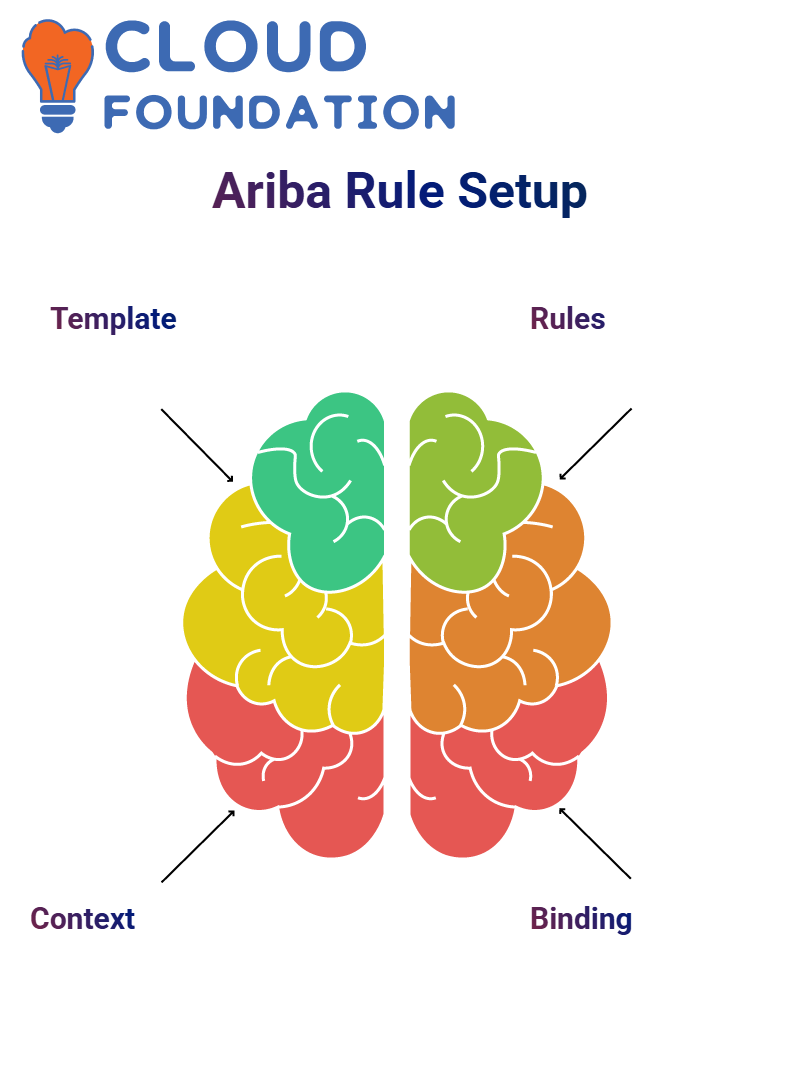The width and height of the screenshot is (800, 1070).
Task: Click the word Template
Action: [113, 319]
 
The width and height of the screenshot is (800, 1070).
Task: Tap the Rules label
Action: [568, 319]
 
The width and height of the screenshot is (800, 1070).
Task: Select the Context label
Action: [83, 919]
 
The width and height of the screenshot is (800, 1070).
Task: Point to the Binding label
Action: [581, 919]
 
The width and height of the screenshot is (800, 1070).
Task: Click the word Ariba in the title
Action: [272, 191]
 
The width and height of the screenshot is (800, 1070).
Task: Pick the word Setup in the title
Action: [522, 192]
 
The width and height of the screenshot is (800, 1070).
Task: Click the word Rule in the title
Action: [395, 191]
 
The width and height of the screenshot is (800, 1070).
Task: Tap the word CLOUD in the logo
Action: [235, 46]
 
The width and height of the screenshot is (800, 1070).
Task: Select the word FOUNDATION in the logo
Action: [279, 112]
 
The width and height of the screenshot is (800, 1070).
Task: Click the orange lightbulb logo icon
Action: [57, 75]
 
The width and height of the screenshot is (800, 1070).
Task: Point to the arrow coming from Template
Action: [197, 446]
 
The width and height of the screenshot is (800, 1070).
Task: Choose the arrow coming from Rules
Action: [595, 444]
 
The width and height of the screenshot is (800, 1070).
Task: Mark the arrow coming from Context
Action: [198, 846]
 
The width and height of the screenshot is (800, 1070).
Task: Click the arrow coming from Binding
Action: [595, 843]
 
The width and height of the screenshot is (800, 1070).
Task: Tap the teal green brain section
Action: [321, 491]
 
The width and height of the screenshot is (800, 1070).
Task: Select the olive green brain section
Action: [471, 491]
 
